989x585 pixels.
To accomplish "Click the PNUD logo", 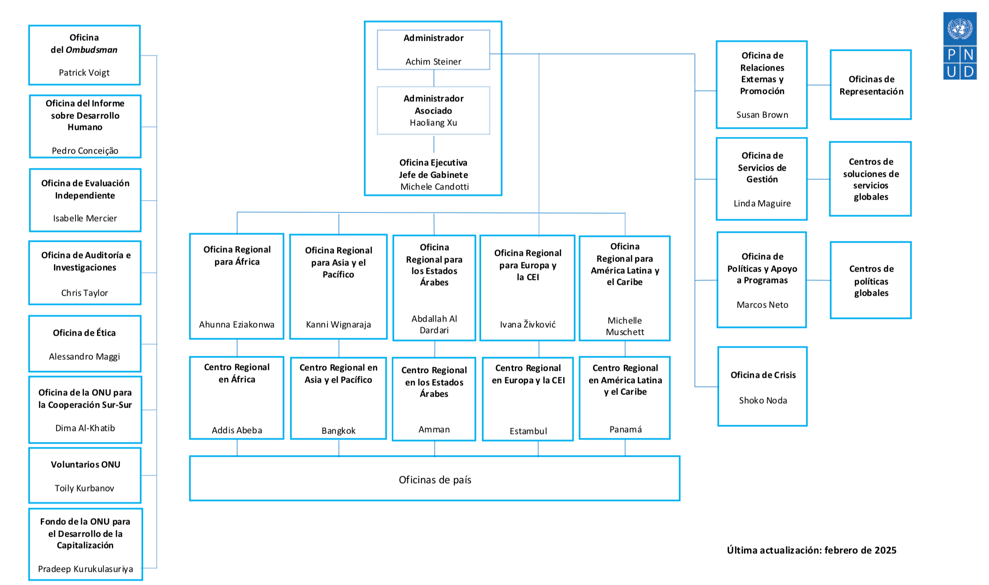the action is (960, 46).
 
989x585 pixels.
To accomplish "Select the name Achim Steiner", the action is (433, 62).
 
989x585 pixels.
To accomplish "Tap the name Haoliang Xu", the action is (433, 123).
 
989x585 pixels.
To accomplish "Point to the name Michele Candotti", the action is (435, 187).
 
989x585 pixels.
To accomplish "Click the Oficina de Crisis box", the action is (762, 386).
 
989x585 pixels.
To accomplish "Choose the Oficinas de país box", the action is (435, 478).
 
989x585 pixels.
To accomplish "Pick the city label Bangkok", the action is (338, 431).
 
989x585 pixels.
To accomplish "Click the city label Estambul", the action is (528, 431).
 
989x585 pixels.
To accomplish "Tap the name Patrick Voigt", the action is (84, 73).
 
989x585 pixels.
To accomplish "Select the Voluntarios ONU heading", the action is (86, 465).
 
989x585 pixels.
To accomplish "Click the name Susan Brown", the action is (762, 115).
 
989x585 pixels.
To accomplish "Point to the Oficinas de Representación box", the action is (870, 85).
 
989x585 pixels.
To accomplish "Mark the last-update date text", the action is (812, 550).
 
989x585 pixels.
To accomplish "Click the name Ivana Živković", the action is (528, 324).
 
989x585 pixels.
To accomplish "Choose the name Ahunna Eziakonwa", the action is (237, 325).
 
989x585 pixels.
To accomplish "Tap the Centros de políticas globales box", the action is (870, 280).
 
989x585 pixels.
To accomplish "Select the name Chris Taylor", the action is (84, 293).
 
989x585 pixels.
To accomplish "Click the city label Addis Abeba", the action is (237, 431).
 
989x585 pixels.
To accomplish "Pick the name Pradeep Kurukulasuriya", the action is (85, 569).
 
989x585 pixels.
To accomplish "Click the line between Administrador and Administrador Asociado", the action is (434, 78).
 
